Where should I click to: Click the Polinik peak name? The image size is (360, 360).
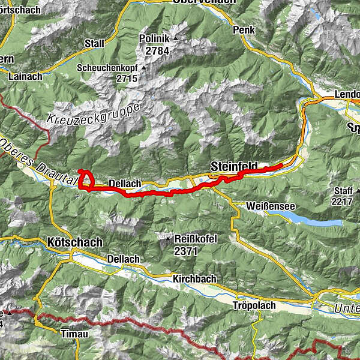click(154, 38)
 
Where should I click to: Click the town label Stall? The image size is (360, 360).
click(94, 43)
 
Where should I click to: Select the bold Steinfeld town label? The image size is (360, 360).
click(234, 166)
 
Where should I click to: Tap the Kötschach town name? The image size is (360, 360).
click(74, 242)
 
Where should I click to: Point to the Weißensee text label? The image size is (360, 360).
click(270, 206)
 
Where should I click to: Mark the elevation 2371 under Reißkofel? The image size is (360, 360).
click(185, 251)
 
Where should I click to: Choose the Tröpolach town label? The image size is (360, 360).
click(254, 305)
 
